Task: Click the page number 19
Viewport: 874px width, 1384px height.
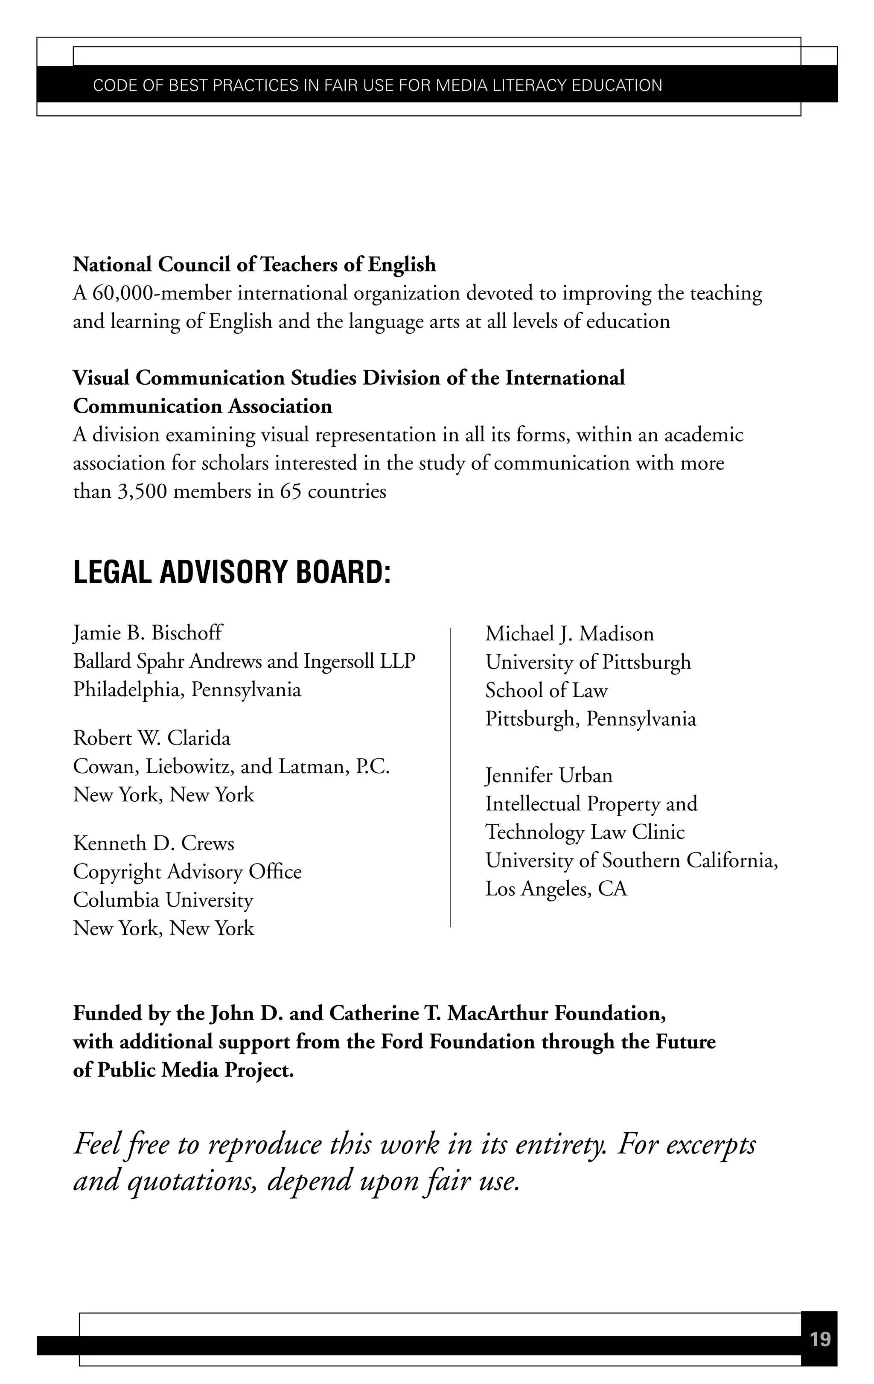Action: pyautogui.click(x=819, y=1340)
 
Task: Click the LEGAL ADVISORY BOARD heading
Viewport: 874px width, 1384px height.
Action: pyautogui.click(x=232, y=572)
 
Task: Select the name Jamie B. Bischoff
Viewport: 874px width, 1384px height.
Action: pyautogui.click(x=148, y=633)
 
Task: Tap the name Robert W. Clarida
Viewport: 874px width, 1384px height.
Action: pyautogui.click(x=151, y=738)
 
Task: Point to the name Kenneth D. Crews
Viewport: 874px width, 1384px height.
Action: pyautogui.click(x=154, y=843)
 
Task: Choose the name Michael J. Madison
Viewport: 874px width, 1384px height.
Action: pyautogui.click(x=569, y=634)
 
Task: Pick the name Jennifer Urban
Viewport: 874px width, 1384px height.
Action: pyautogui.click(x=549, y=775)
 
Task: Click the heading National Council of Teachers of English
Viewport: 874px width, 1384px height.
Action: pyautogui.click(x=254, y=264)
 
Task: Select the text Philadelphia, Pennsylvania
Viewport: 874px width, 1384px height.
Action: pyautogui.click(x=187, y=689)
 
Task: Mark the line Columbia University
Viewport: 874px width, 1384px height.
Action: pyautogui.click(x=163, y=899)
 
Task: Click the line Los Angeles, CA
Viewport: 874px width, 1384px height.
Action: pyautogui.click(x=556, y=888)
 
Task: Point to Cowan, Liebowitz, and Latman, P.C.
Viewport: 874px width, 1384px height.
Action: pyautogui.click(x=231, y=766)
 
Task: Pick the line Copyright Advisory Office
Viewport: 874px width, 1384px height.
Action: pyautogui.click(x=187, y=871)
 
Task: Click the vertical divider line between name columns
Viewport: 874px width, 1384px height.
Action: pyautogui.click(x=451, y=776)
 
